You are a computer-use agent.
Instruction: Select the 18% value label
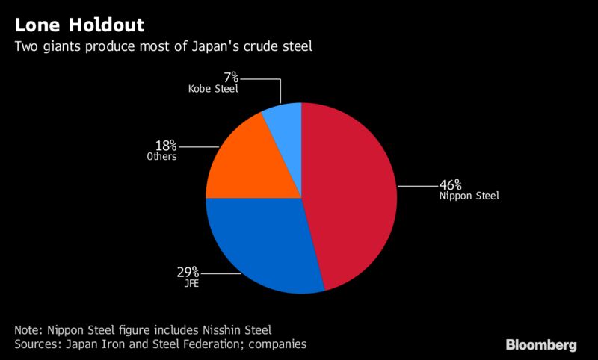[x=166, y=145]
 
